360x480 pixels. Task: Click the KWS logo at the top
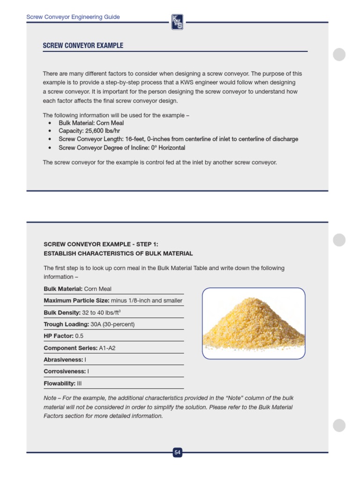pos(177,22)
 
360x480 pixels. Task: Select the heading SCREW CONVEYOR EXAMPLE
pos(83,45)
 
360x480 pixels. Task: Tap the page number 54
pos(177,452)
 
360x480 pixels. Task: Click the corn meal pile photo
pos(254,323)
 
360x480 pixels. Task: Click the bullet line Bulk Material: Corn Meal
pos(91,123)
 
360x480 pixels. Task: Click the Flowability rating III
pos(79,383)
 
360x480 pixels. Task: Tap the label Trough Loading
pos(66,324)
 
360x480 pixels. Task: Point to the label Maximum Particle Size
pos(76,300)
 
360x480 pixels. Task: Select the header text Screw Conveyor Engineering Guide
pos(73,17)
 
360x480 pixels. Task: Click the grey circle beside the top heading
pos(339,54)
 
